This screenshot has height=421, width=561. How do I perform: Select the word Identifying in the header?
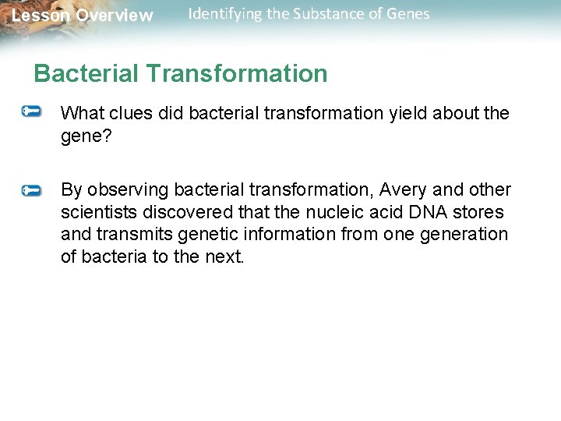tap(225, 14)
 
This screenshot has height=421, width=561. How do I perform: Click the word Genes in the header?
tap(409, 14)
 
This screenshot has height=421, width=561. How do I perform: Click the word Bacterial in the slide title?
tap(86, 73)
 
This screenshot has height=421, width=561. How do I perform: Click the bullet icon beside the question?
tap(32, 112)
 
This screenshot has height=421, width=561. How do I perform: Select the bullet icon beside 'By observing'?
tap(32, 189)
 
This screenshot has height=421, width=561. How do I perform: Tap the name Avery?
tap(402, 190)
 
